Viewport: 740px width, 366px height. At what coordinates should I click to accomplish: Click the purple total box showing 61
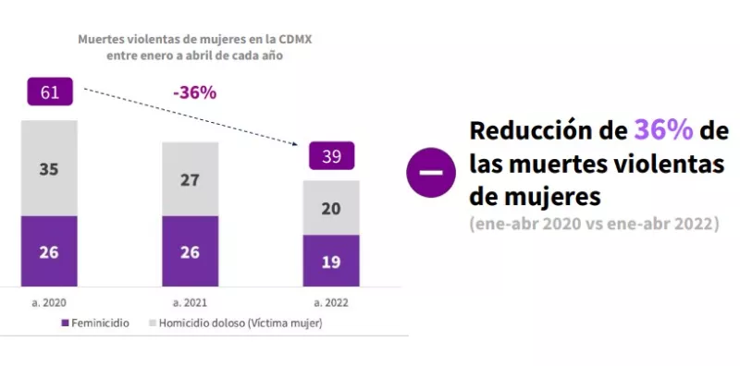49,92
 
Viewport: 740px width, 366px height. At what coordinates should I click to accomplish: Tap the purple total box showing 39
331,156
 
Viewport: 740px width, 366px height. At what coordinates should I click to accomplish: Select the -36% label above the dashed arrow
194,92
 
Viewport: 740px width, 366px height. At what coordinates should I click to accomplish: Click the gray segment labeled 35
49,168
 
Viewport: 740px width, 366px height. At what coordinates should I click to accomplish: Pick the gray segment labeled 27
190,179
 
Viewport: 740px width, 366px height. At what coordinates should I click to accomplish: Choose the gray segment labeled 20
331,208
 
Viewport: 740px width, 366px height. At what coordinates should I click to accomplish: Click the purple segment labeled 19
331,261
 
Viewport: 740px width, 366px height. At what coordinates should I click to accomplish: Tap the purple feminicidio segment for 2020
49,251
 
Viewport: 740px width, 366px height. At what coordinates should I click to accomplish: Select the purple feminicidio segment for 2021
190,251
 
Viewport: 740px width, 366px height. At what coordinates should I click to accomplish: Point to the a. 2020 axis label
49,302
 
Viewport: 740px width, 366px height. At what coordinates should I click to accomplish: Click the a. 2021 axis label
190,302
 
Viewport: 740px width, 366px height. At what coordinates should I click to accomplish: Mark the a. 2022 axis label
331,302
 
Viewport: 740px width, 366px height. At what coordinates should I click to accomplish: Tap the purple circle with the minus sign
431,171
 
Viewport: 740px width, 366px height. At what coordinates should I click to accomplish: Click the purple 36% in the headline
663,130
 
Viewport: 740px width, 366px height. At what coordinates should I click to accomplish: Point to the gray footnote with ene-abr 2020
593,225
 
